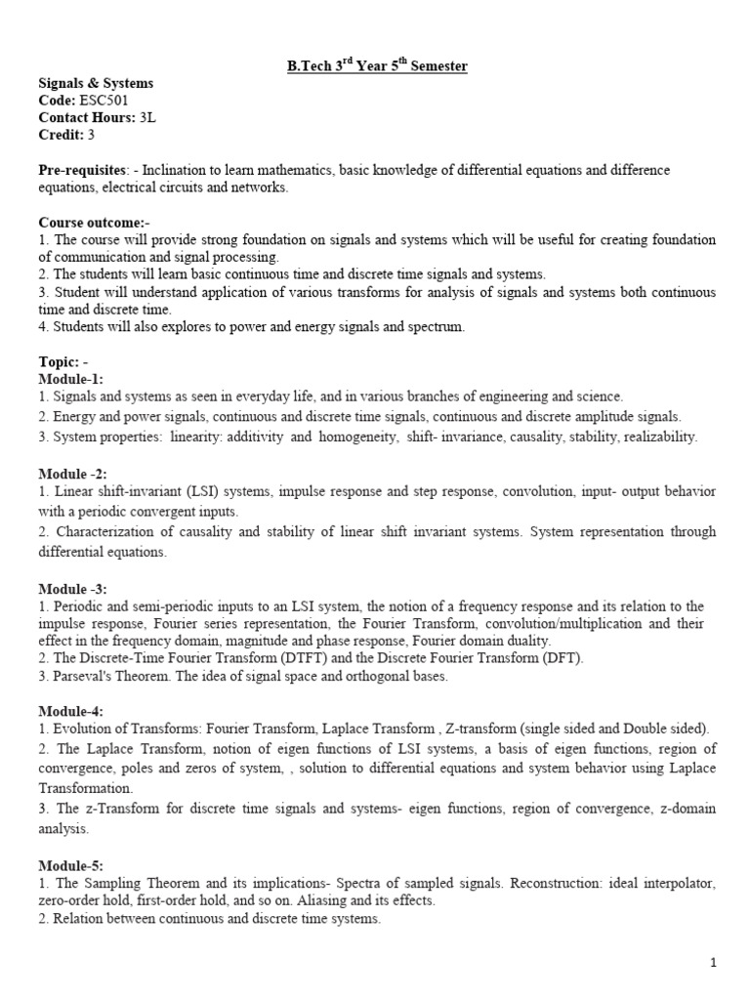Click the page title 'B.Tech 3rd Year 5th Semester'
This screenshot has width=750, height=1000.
[376, 66]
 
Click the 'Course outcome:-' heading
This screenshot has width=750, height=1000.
[88, 223]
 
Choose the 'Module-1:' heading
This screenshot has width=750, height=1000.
[71, 378]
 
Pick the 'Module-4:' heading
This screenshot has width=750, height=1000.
[71, 710]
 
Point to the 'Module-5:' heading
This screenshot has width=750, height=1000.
[71, 866]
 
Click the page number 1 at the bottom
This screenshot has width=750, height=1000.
[714, 963]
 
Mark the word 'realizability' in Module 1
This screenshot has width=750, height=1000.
[657, 437]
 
